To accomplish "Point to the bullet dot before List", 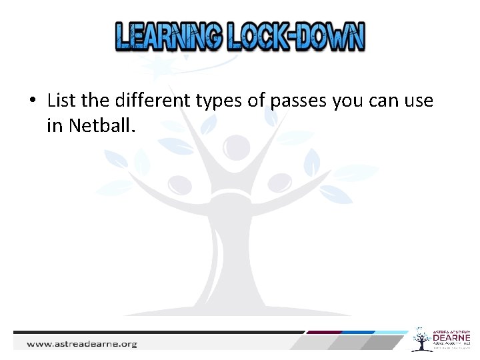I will pos(33,102).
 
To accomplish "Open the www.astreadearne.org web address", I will pos(81,344).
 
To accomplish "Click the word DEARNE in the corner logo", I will pos(451,340).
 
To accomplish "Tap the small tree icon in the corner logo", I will pos(421,340).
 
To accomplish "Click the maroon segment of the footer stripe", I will pos(323,332).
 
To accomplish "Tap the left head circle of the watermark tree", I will pos(179,183).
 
